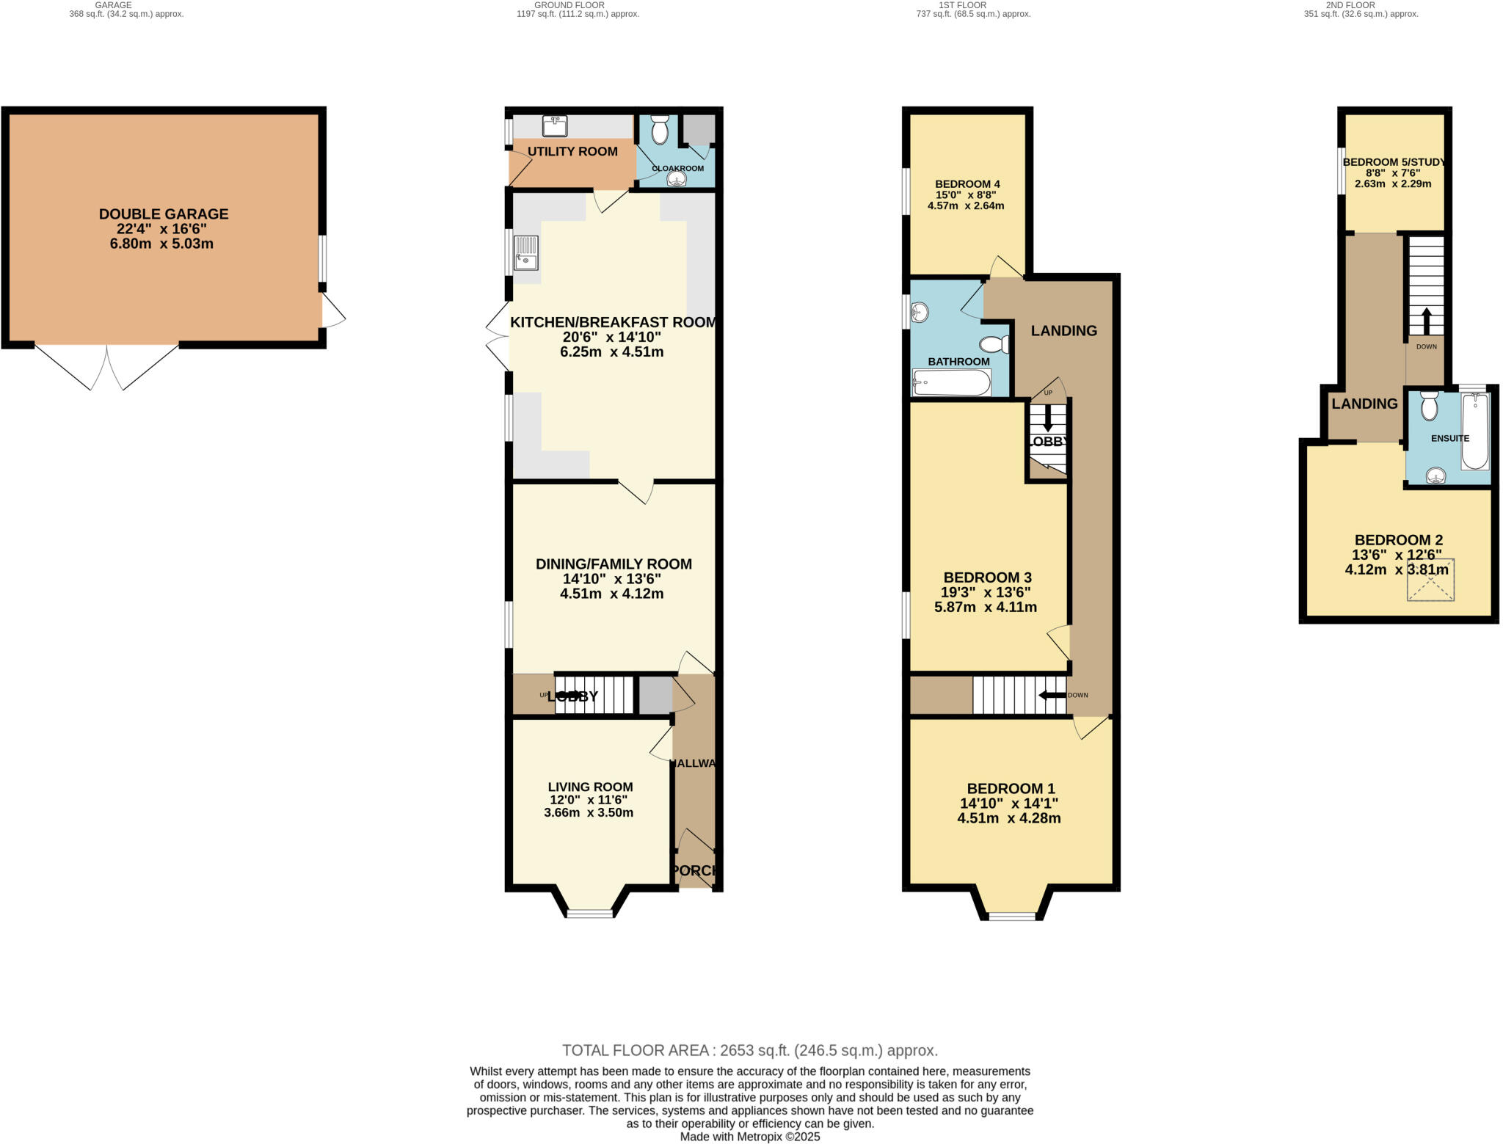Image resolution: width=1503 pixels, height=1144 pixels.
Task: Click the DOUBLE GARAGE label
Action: coord(164,214)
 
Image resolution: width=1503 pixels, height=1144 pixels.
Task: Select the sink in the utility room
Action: coord(555,126)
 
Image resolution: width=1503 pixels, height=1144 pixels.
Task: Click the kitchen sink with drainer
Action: coord(525,252)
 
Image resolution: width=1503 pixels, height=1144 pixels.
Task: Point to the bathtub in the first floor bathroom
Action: coord(952,382)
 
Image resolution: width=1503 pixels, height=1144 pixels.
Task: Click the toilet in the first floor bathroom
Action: coord(995,345)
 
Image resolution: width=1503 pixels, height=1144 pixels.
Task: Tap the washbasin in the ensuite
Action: coord(1436,477)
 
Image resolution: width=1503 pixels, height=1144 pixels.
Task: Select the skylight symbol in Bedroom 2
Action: coord(1430,580)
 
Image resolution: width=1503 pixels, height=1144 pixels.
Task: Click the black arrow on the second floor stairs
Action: coord(1426,321)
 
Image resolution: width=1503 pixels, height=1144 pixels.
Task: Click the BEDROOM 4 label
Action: coord(967,184)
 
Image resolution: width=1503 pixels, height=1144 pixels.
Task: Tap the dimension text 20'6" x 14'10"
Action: coord(611,338)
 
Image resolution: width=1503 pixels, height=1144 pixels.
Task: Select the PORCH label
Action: coord(694,870)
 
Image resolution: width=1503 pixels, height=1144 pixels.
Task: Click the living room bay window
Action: coord(590,914)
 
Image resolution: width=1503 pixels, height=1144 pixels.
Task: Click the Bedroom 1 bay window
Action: coord(1011,916)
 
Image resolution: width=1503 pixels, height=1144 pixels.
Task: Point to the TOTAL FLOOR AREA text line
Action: coord(749,1050)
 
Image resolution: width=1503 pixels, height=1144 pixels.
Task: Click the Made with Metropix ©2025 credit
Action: coord(749,1137)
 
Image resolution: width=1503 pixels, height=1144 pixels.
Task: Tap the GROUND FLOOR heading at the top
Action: coord(569,5)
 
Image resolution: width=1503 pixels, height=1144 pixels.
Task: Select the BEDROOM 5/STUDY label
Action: coord(1393,162)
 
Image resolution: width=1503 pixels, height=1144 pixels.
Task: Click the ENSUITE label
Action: coord(1449,438)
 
